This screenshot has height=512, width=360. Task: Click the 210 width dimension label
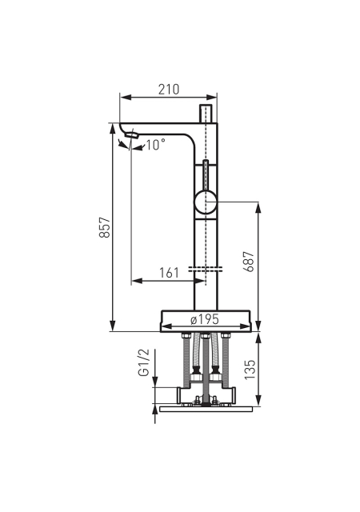(x=169, y=89)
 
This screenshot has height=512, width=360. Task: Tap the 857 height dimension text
(x=105, y=227)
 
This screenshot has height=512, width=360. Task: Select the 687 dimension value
(x=249, y=262)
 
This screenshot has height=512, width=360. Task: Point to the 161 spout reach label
(x=170, y=273)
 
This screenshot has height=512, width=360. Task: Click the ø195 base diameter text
(x=205, y=319)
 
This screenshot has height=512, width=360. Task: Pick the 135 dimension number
(x=250, y=370)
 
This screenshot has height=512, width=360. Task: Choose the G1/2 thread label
(x=144, y=362)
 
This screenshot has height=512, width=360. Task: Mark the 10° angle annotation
(x=155, y=145)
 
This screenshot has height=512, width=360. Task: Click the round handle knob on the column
(x=206, y=202)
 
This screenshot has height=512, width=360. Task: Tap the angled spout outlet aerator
(x=132, y=134)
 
